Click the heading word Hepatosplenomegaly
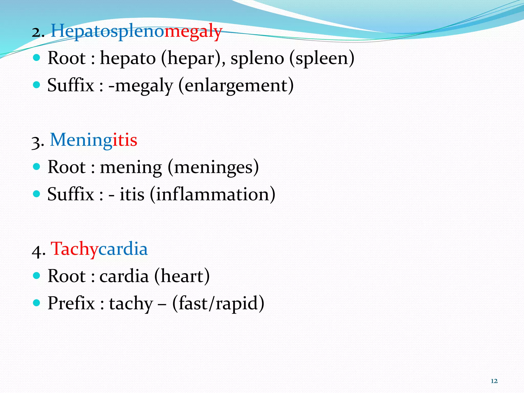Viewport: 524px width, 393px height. (x=136, y=31)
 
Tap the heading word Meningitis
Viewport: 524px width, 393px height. (x=93, y=140)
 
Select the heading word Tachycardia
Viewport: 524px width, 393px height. (x=99, y=249)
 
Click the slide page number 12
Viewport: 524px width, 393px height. (x=494, y=381)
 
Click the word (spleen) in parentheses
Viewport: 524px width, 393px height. (x=322, y=58)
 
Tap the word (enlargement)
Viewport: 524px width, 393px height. (x=236, y=86)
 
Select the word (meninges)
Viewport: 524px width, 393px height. (x=213, y=168)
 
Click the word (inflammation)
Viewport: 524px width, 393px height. (x=213, y=195)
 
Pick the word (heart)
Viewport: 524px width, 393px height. (x=182, y=277)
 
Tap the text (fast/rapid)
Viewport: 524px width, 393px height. (x=218, y=304)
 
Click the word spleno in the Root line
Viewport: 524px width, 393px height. (x=257, y=58)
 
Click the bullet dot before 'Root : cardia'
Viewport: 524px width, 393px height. (x=37, y=276)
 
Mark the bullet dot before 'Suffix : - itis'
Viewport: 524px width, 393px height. (x=37, y=194)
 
